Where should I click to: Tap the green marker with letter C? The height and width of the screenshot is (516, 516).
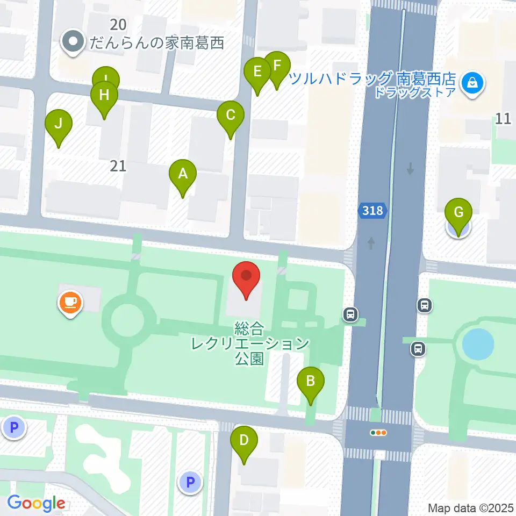pos(230,115)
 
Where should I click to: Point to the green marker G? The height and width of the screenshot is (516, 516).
pos(458,212)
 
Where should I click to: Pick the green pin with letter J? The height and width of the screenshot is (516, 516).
pos(58,124)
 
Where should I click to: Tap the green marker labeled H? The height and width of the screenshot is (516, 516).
pos(104,96)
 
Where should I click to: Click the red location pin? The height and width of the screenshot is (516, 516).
pos(246,276)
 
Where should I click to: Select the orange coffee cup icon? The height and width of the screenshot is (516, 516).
pos(70,302)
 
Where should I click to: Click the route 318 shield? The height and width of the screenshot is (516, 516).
pos(372,210)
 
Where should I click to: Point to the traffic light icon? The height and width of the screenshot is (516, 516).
pos(379,432)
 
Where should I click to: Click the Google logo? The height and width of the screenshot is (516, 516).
pos(37,504)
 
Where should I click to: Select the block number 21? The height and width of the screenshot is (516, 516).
pos(118,166)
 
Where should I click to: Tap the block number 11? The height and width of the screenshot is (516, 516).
pos(503,119)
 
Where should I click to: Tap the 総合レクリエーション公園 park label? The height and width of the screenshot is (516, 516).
pos(250,343)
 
